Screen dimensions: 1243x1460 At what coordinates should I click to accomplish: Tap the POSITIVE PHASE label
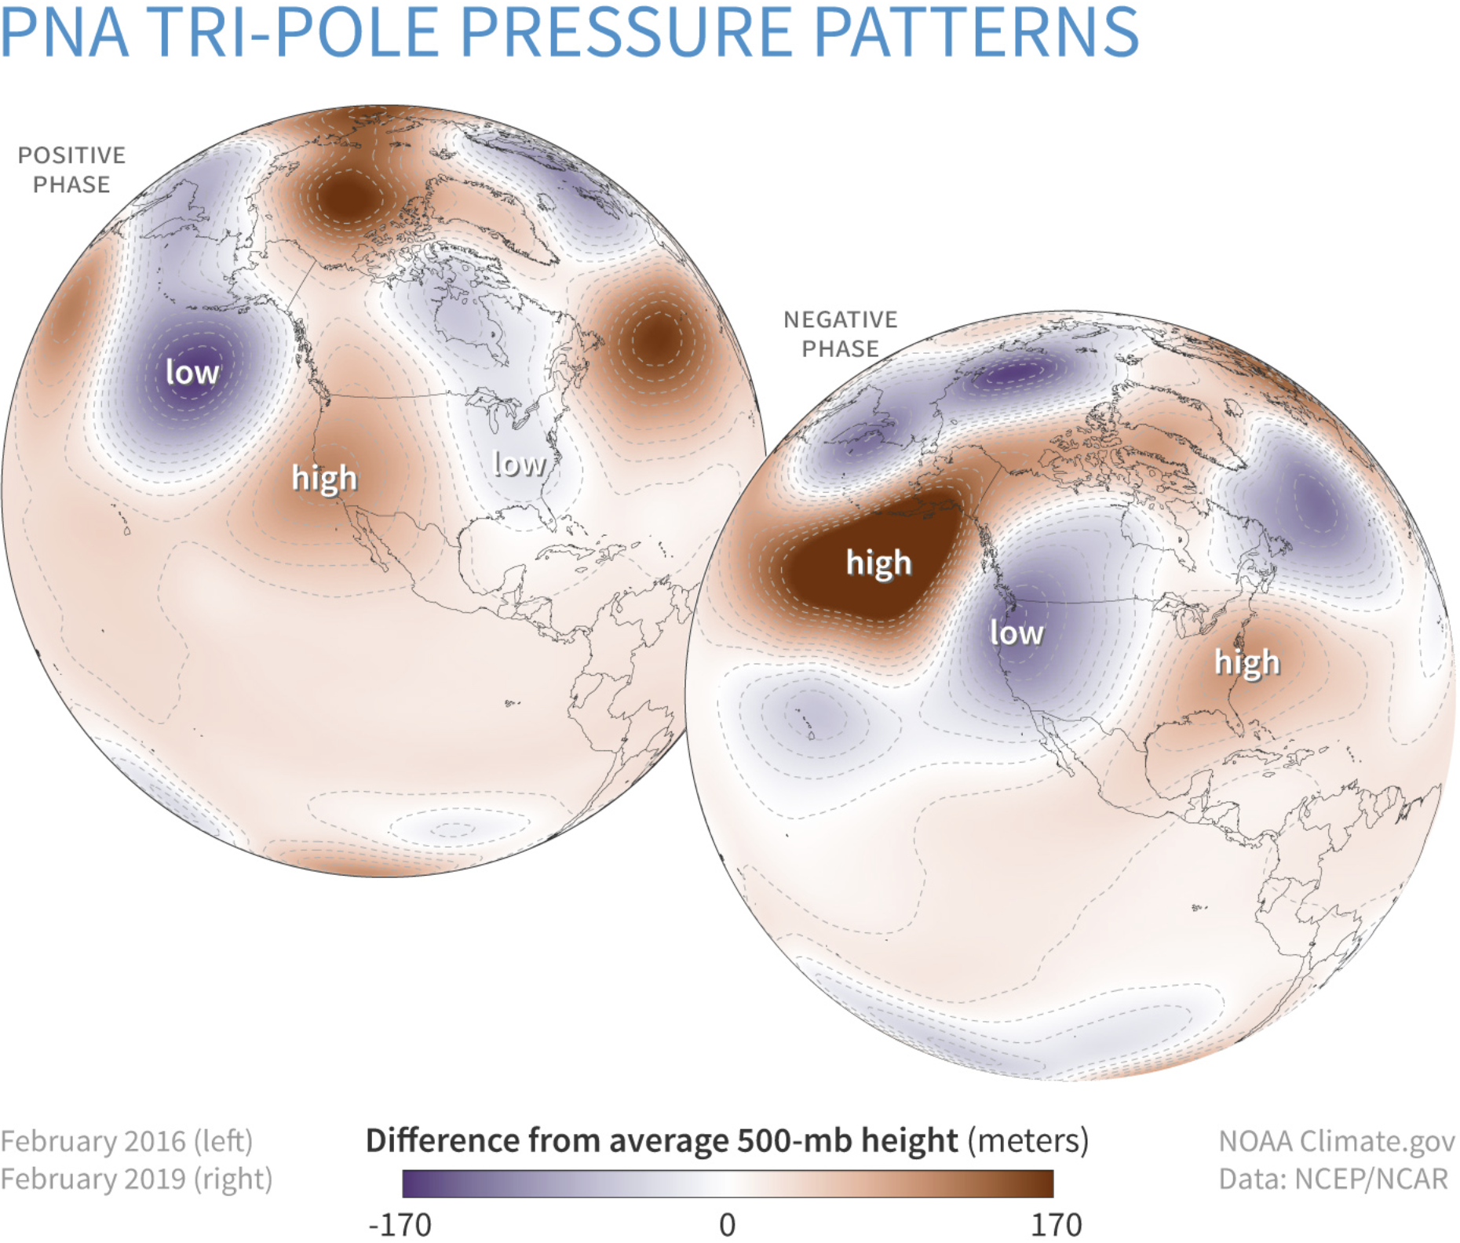pyautogui.click(x=71, y=169)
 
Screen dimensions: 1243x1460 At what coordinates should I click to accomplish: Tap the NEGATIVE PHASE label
pyautogui.click(x=840, y=334)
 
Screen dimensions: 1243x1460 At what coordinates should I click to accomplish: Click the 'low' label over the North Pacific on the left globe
pyautogui.click(x=192, y=372)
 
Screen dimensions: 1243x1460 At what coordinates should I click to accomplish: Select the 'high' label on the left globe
pyautogui.click(x=324, y=478)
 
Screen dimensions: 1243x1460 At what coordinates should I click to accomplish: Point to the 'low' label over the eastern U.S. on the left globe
pyautogui.click(x=519, y=464)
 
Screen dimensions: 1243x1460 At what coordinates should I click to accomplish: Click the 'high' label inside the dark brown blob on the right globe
pyautogui.click(x=878, y=563)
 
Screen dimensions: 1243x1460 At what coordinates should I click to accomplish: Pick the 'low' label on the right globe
pyautogui.click(x=1017, y=632)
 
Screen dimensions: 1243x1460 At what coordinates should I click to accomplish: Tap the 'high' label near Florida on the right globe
pyautogui.click(x=1246, y=662)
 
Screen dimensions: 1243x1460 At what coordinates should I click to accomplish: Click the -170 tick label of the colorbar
pyautogui.click(x=400, y=1224)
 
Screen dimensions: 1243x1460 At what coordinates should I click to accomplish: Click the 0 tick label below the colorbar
pyautogui.click(x=728, y=1224)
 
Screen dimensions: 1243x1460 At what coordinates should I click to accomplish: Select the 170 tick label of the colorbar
pyautogui.click(x=1056, y=1224)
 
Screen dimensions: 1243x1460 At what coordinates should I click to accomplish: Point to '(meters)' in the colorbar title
pyautogui.click(x=1028, y=1139)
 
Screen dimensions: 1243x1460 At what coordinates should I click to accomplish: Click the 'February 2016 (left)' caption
pyautogui.click(x=126, y=1141)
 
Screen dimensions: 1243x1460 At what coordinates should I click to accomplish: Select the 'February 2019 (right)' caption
pyautogui.click(x=137, y=1179)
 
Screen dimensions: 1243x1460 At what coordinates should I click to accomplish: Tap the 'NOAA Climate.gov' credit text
pyautogui.click(x=1336, y=1141)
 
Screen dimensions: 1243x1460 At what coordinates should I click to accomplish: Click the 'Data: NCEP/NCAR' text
pyautogui.click(x=1333, y=1179)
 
